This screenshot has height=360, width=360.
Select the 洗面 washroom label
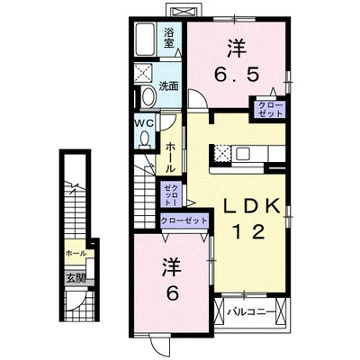pos(168,86)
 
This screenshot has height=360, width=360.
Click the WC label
pos(144,121)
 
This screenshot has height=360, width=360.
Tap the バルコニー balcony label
pos(247,312)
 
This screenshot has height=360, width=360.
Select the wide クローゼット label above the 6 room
pos(184,220)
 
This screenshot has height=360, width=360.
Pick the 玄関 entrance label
pos(73,278)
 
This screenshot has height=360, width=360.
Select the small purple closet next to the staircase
pos(172,193)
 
